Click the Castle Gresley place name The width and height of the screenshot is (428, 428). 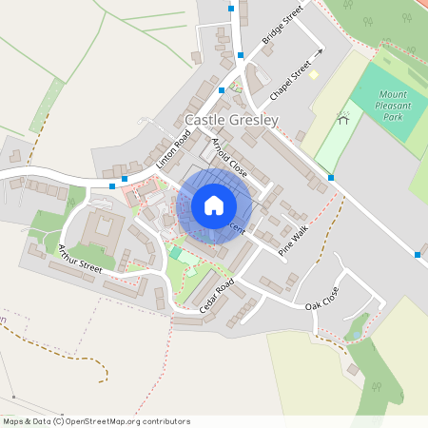[231, 121]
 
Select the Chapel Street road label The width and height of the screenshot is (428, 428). [291, 83]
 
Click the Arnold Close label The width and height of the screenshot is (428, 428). [229, 158]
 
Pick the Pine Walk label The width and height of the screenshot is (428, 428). [294, 242]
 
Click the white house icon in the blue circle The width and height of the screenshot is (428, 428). [214, 205]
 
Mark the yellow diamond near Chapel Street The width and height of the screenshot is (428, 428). [313, 74]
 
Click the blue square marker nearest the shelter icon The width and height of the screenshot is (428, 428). [331, 178]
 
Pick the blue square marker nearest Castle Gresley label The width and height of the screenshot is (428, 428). [221, 89]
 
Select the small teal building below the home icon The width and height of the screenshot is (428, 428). [176, 252]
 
